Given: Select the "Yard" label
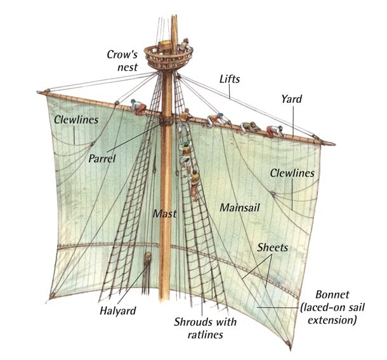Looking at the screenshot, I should point(291,99).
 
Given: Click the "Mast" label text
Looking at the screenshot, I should point(164,214).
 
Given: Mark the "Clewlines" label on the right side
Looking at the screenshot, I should point(291,172).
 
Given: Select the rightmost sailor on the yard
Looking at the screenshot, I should point(273,131).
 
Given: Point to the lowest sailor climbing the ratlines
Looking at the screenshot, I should point(195,182).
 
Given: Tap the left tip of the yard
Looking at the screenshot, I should point(40,90).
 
